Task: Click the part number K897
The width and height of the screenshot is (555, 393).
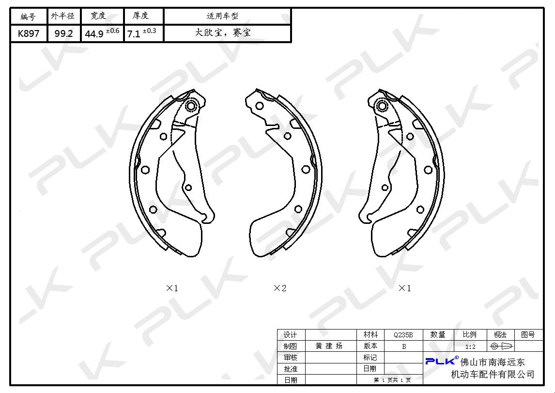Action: pos(29,33)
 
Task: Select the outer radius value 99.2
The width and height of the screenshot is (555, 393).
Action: pos(64,33)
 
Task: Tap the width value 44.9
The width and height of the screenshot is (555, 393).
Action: pos(94,34)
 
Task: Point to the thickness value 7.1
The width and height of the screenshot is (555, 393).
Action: pos(134,34)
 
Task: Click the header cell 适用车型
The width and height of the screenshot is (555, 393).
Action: pos(222,16)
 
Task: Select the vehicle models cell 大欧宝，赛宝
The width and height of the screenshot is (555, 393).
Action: pos(223,33)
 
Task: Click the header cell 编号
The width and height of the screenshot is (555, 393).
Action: pos(28,16)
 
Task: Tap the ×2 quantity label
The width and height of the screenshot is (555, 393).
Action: pos(279,288)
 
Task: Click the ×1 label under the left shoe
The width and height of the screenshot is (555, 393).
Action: pos(172,288)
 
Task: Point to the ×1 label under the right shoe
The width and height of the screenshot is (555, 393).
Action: pos(404,288)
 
